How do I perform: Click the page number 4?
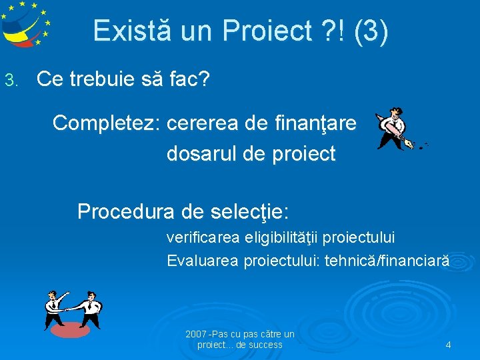point(448,345)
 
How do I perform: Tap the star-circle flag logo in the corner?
point(25,23)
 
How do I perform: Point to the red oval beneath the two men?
point(70,330)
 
